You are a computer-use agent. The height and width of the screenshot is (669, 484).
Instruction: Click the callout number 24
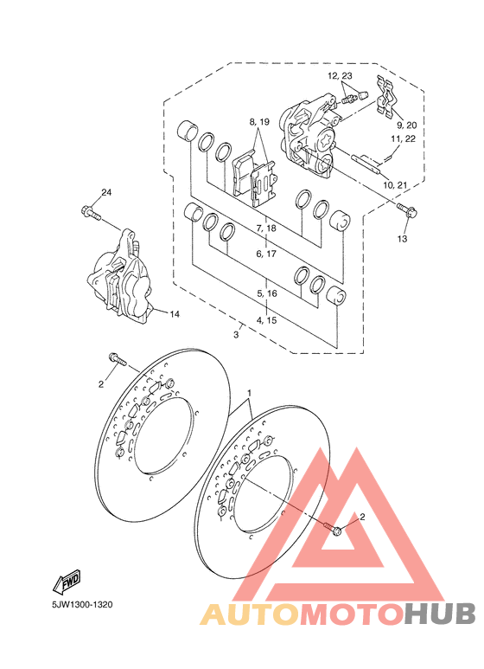(106, 192)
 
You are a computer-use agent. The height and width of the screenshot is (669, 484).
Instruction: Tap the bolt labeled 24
(90, 213)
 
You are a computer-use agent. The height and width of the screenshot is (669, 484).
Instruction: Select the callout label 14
(175, 314)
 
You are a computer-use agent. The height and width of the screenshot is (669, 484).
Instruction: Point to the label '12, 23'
(340, 76)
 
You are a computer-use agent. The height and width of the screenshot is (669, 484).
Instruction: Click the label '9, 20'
(407, 125)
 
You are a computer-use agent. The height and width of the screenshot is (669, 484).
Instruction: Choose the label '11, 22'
(404, 138)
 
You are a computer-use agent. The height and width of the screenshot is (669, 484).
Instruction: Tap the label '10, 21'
(395, 184)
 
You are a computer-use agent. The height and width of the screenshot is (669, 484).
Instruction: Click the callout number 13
(402, 239)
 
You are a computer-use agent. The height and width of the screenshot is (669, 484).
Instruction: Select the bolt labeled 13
(407, 209)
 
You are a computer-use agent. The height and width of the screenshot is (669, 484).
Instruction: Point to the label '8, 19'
(259, 122)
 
